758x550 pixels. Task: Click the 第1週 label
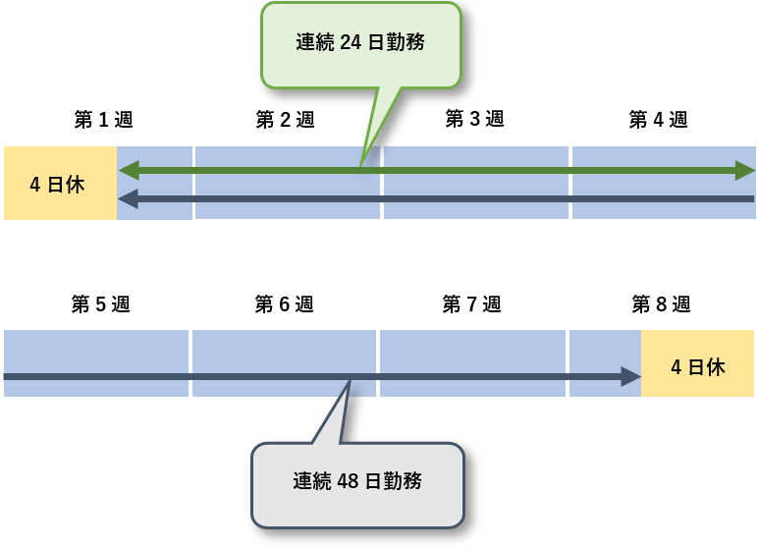[103, 120]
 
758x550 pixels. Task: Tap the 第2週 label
[285, 120]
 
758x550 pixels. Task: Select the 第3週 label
[474, 119]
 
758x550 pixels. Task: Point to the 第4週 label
[658, 120]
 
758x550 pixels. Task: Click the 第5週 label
[100, 304]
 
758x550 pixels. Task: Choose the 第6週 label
[284, 304]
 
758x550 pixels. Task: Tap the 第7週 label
[471, 304]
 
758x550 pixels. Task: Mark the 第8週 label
[661, 304]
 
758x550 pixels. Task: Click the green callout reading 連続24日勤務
[360, 44]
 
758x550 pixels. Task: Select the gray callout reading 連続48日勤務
[357, 483]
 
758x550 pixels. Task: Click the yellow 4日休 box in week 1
[60, 183]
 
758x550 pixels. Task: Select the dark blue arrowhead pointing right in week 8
[630, 376]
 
